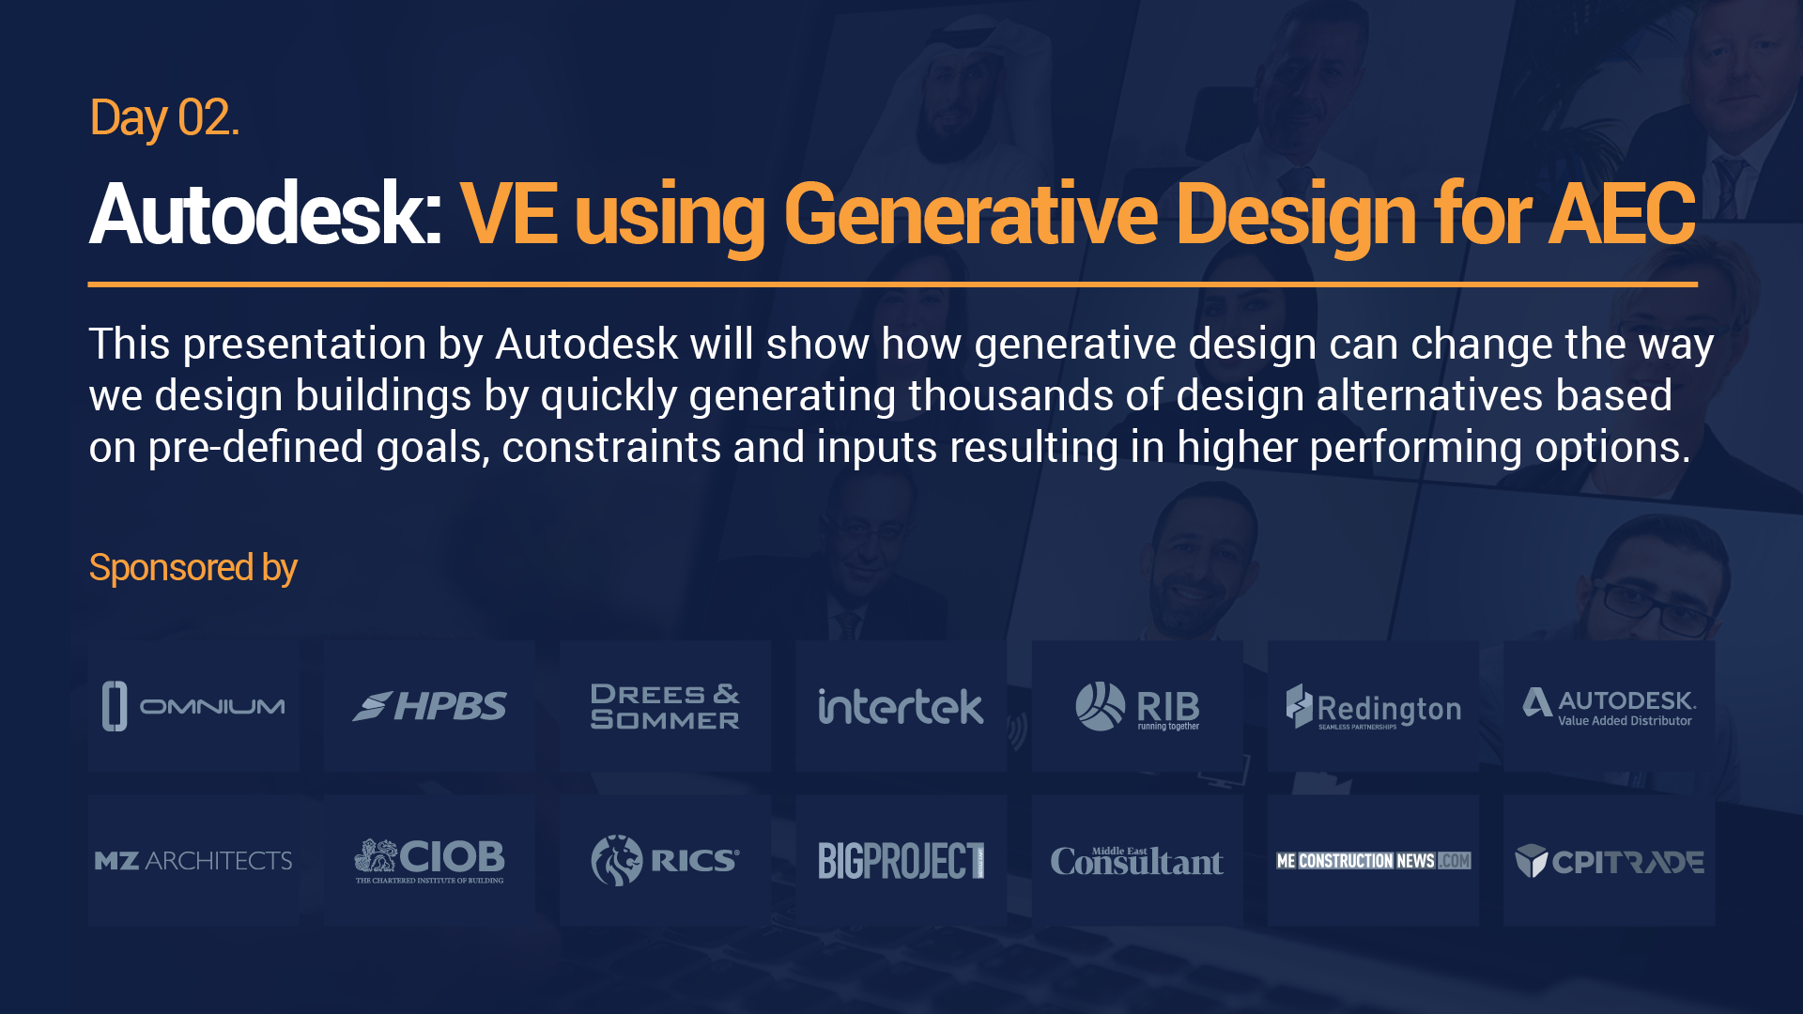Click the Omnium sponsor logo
pyautogui.click(x=193, y=706)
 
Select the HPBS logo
pyautogui.click(x=429, y=706)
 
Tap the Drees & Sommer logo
pyautogui.click(x=665, y=706)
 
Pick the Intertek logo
pyautogui.click(x=901, y=706)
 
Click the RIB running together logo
pyautogui.click(x=1137, y=706)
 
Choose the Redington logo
pyautogui.click(x=1373, y=706)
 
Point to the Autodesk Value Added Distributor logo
pyautogui.click(x=1609, y=707)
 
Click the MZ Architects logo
pyautogui.click(x=193, y=861)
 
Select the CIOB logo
pyautogui.click(x=429, y=861)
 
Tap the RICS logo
pyautogui.click(x=665, y=860)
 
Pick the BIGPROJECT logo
pyautogui.click(x=901, y=861)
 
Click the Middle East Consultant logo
pyautogui.click(x=1137, y=860)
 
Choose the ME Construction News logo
pyautogui.click(x=1373, y=861)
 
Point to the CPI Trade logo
pyautogui.click(x=1609, y=861)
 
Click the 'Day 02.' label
pyautogui.click(x=164, y=119)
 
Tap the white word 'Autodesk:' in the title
pyautogui.click(x=266, y=215)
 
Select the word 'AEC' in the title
pyautogui.click(x=1622, y=215)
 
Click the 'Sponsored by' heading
pyautogui.click(x=193, y=568)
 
